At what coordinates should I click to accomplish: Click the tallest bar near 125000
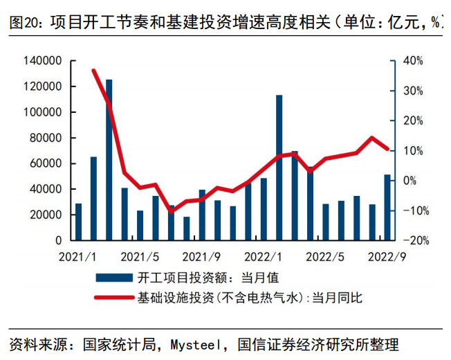pyautogui.click(x=109, y=160)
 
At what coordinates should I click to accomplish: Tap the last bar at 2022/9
pyautogui.click(x=387, y=207)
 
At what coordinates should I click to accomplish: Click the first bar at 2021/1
pyautogui.click(x=78, y=222)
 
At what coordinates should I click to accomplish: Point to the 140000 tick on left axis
pyautogui.click(x=43, y=61)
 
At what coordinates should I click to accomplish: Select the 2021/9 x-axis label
pyautogui.click(x=201, y=257)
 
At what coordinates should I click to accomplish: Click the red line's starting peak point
pyautogui.click(x=94, y=71)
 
